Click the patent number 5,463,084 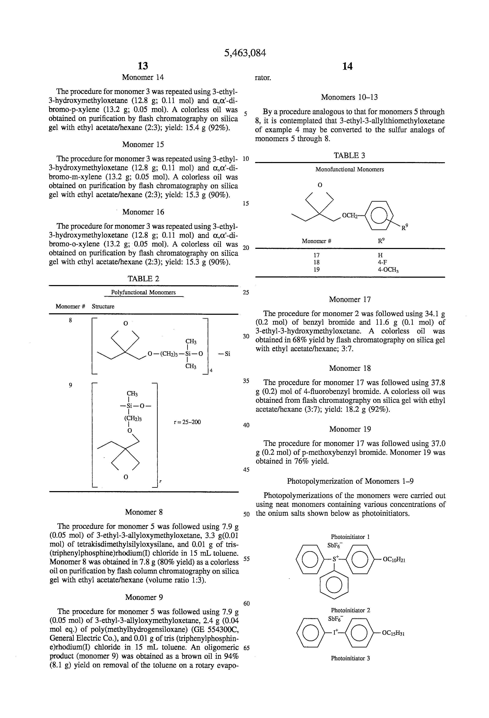(x=245, y=53)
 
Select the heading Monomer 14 (x=143, y=77)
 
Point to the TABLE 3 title (x=349, y=155)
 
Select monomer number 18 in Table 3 (x=317, y=262)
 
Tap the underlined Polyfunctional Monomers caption (x=143, y=292)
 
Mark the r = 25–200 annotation (x=187, y=422)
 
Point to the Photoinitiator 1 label (x=350, y=537)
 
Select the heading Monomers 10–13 (x=349, y=97)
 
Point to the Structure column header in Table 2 (x=103, y=307)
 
